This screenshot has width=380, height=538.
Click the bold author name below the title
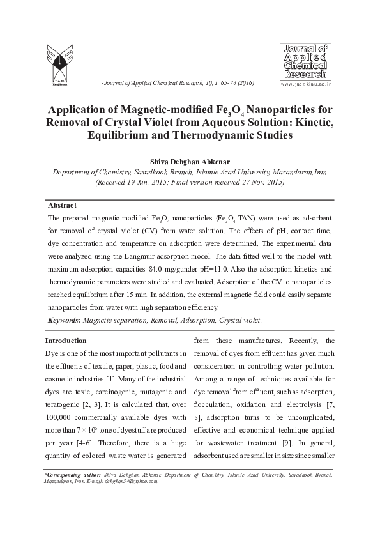pos(189,162)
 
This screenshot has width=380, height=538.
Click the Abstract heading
pos(62,205)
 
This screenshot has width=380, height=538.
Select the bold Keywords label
pos(65,319)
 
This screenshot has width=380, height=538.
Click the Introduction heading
pos(66,341)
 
